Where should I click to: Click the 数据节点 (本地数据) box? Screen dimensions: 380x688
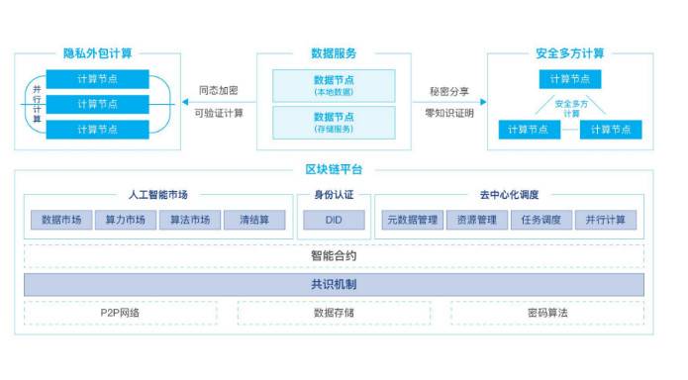tap(334, 84)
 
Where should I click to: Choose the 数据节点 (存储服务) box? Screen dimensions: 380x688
tap(334, 121)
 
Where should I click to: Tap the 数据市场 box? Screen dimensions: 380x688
tap(61, 220)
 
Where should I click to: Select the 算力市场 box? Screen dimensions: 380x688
tap(126, 220)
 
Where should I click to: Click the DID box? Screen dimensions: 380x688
tap(334, 220)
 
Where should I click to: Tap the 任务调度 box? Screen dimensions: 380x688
tap(541, 220)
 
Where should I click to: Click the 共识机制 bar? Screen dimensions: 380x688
tap(334, 284)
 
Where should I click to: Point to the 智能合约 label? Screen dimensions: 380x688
tap(334, 255)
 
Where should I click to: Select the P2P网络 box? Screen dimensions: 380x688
tap(120, 313)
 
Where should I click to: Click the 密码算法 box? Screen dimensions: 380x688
tap(546, 313)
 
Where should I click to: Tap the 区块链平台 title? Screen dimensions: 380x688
tap(334, 169)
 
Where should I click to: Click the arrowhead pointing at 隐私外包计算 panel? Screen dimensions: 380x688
tap(181, 101)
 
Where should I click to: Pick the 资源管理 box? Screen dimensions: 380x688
tap(475, 220)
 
